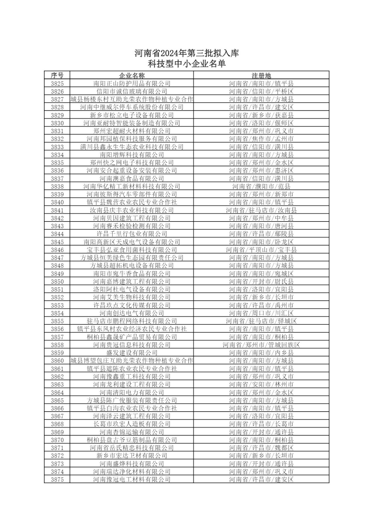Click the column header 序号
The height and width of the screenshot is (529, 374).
[57, 75]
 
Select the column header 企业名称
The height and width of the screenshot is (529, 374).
[132, 75]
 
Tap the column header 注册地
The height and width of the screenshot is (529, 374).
[261, 75]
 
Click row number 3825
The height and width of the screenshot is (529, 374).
[57, 83]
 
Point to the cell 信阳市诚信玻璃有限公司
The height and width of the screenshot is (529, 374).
[132, 91]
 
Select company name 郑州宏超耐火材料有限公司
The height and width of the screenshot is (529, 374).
[132, 131]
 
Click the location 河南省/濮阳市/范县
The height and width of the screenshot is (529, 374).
[261, 186]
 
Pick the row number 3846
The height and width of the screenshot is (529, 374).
[57, 250]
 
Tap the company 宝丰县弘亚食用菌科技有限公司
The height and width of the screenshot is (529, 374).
[132, 250]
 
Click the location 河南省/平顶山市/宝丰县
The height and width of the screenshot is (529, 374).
[261, 250]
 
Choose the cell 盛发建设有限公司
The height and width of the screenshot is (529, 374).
[132, 353]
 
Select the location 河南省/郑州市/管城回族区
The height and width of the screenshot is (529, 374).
[261, 345]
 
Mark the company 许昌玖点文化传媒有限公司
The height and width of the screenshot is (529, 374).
[132, 305]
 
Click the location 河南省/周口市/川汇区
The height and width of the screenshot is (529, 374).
[261, 313]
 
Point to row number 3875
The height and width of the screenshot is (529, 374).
[57, 479]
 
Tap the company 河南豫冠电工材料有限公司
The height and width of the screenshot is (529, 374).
[132, 479]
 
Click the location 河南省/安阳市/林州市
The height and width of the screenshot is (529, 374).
[261, 384]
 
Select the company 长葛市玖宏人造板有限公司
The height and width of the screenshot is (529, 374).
[132, 424]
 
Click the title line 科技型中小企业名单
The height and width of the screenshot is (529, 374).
[187, 64]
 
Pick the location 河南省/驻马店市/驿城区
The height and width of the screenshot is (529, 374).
[261, 321]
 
